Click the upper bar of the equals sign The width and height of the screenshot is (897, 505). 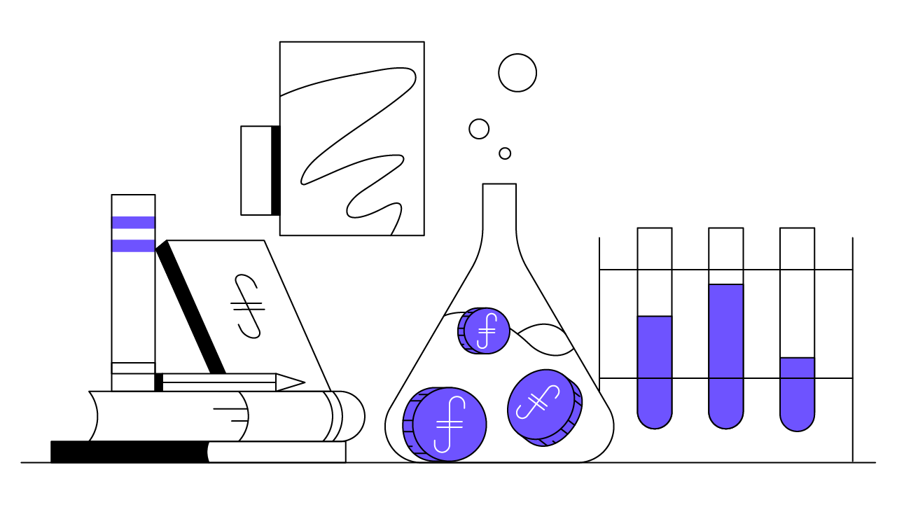[133, 223]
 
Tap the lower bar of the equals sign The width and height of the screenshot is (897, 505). [133, 246]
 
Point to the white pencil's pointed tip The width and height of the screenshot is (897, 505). [297, 382]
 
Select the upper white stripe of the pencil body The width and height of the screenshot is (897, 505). [218, 378]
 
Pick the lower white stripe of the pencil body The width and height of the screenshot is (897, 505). [218, 387]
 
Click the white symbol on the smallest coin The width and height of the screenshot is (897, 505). [487, 331]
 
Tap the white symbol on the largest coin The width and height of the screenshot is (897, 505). [450, 424]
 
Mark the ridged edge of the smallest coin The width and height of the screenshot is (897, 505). [461, 331]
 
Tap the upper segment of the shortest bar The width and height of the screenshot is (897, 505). [798, 368]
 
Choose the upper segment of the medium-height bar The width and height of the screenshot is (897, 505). [655, 347]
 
